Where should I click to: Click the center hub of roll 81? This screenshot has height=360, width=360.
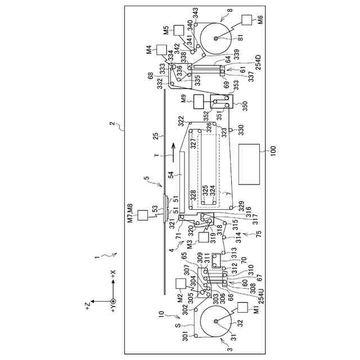click(x=217, y=38)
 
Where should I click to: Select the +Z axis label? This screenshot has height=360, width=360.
click(x=86, y=304)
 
